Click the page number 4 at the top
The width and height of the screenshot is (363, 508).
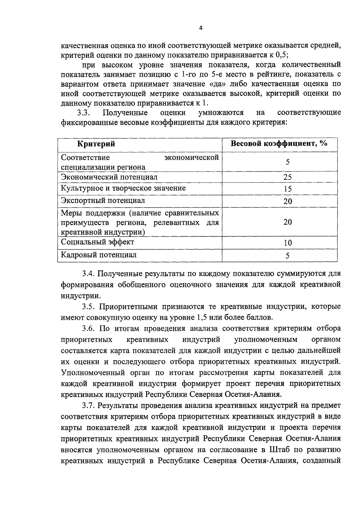(201, 28)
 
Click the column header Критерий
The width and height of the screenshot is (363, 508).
(96, 144)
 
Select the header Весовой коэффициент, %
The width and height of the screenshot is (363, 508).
(279, 143)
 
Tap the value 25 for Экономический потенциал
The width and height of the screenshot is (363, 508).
(287, 177)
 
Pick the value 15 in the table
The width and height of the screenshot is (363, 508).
(287, 189)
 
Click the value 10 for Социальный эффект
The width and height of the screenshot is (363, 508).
(287, 243)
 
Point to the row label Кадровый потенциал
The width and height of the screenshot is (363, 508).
(99, 255)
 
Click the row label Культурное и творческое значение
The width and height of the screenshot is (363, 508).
(123, 188)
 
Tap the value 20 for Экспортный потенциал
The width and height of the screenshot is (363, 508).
(287, 201)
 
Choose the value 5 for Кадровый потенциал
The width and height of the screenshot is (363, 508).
(287, 256)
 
